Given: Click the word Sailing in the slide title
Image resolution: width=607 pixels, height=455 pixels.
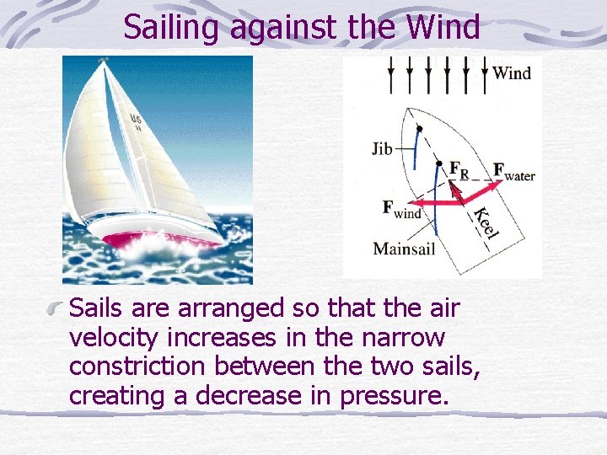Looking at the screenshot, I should pyautogui.click(x=174, y=27).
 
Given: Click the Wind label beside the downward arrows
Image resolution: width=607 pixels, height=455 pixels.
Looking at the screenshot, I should pyautogui.click(x=512, y=73).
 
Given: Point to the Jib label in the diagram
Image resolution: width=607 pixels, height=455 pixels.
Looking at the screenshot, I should pyautogui.click(x=382, y=150).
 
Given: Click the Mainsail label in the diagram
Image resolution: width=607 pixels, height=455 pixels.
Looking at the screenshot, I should pyautogui.click(x=404, y=249).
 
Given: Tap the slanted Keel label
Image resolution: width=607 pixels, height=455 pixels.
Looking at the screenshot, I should pyautogui.click(x=484, y=221).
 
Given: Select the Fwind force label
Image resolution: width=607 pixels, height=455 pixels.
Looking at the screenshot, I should pyautogui.click(x=401, y=209).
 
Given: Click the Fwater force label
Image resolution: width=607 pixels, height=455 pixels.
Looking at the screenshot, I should pyautogui.click(x=513, y=172).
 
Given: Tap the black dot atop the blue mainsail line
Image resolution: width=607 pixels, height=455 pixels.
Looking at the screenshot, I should pyautogui.click(x=439, y=163).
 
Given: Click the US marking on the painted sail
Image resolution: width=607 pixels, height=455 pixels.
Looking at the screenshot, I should pyautogui.click(x=136, y=119).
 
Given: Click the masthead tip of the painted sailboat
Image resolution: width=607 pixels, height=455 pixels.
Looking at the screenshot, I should pyautogui.click(x=105, y=60).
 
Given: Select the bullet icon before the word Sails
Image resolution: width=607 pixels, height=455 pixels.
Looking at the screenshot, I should pyautogui.click(x=57, y=309).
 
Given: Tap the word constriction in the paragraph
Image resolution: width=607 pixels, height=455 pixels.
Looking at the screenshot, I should pyautogui.click(x=138, y=367).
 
